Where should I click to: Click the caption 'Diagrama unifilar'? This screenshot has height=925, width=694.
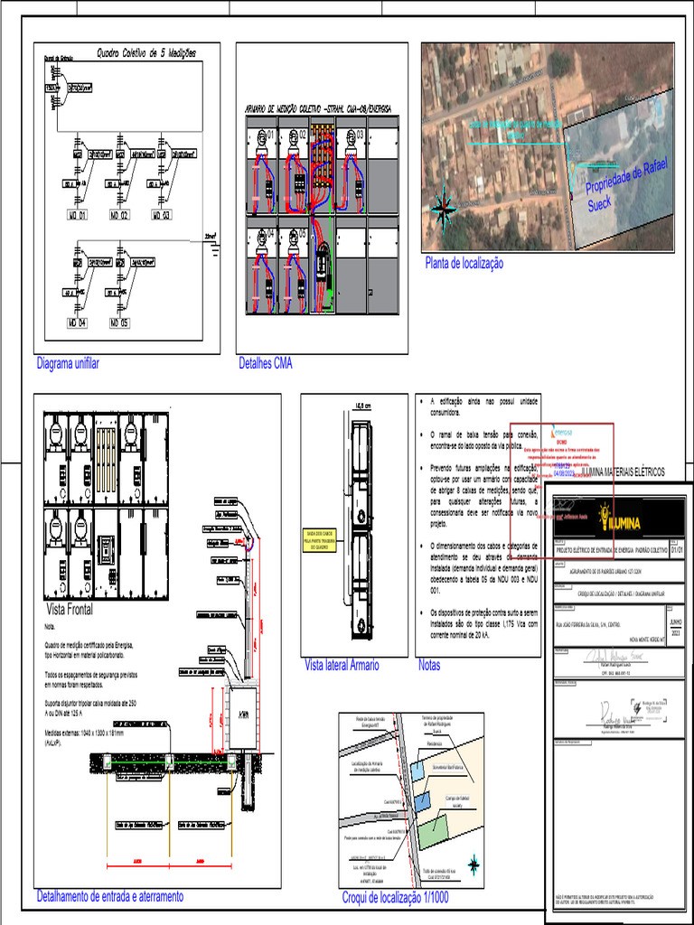68,363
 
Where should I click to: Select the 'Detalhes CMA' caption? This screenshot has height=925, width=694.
266,363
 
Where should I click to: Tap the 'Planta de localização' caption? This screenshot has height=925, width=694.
464,263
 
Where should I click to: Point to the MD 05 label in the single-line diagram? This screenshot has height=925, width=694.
118,322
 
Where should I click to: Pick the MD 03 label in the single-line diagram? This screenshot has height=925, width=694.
160,216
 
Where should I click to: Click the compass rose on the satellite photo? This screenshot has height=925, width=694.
445,209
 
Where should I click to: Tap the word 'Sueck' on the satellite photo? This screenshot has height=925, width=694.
600,204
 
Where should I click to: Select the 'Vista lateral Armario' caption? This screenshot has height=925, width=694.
342,665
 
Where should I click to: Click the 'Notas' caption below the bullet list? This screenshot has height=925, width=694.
429,665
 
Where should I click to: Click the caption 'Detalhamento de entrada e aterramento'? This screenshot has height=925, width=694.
109,896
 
